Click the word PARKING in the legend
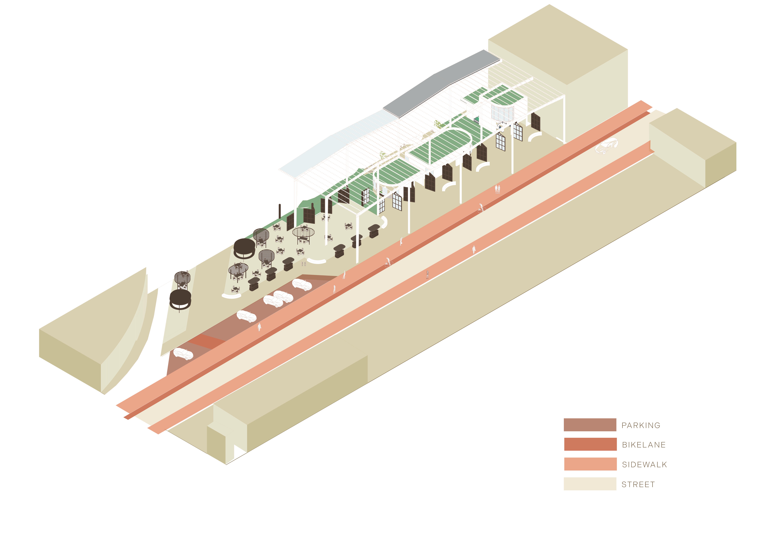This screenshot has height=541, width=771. pos(641,425)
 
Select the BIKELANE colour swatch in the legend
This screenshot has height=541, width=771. pos(590,444)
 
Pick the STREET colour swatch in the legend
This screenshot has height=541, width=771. pos(590,484)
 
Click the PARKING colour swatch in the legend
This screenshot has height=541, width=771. pos(590,425)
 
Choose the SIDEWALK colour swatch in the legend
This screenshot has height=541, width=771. pos(590,464)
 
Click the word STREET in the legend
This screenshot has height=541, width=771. pos(638,485)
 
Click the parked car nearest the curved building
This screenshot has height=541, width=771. pos(183,354)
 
